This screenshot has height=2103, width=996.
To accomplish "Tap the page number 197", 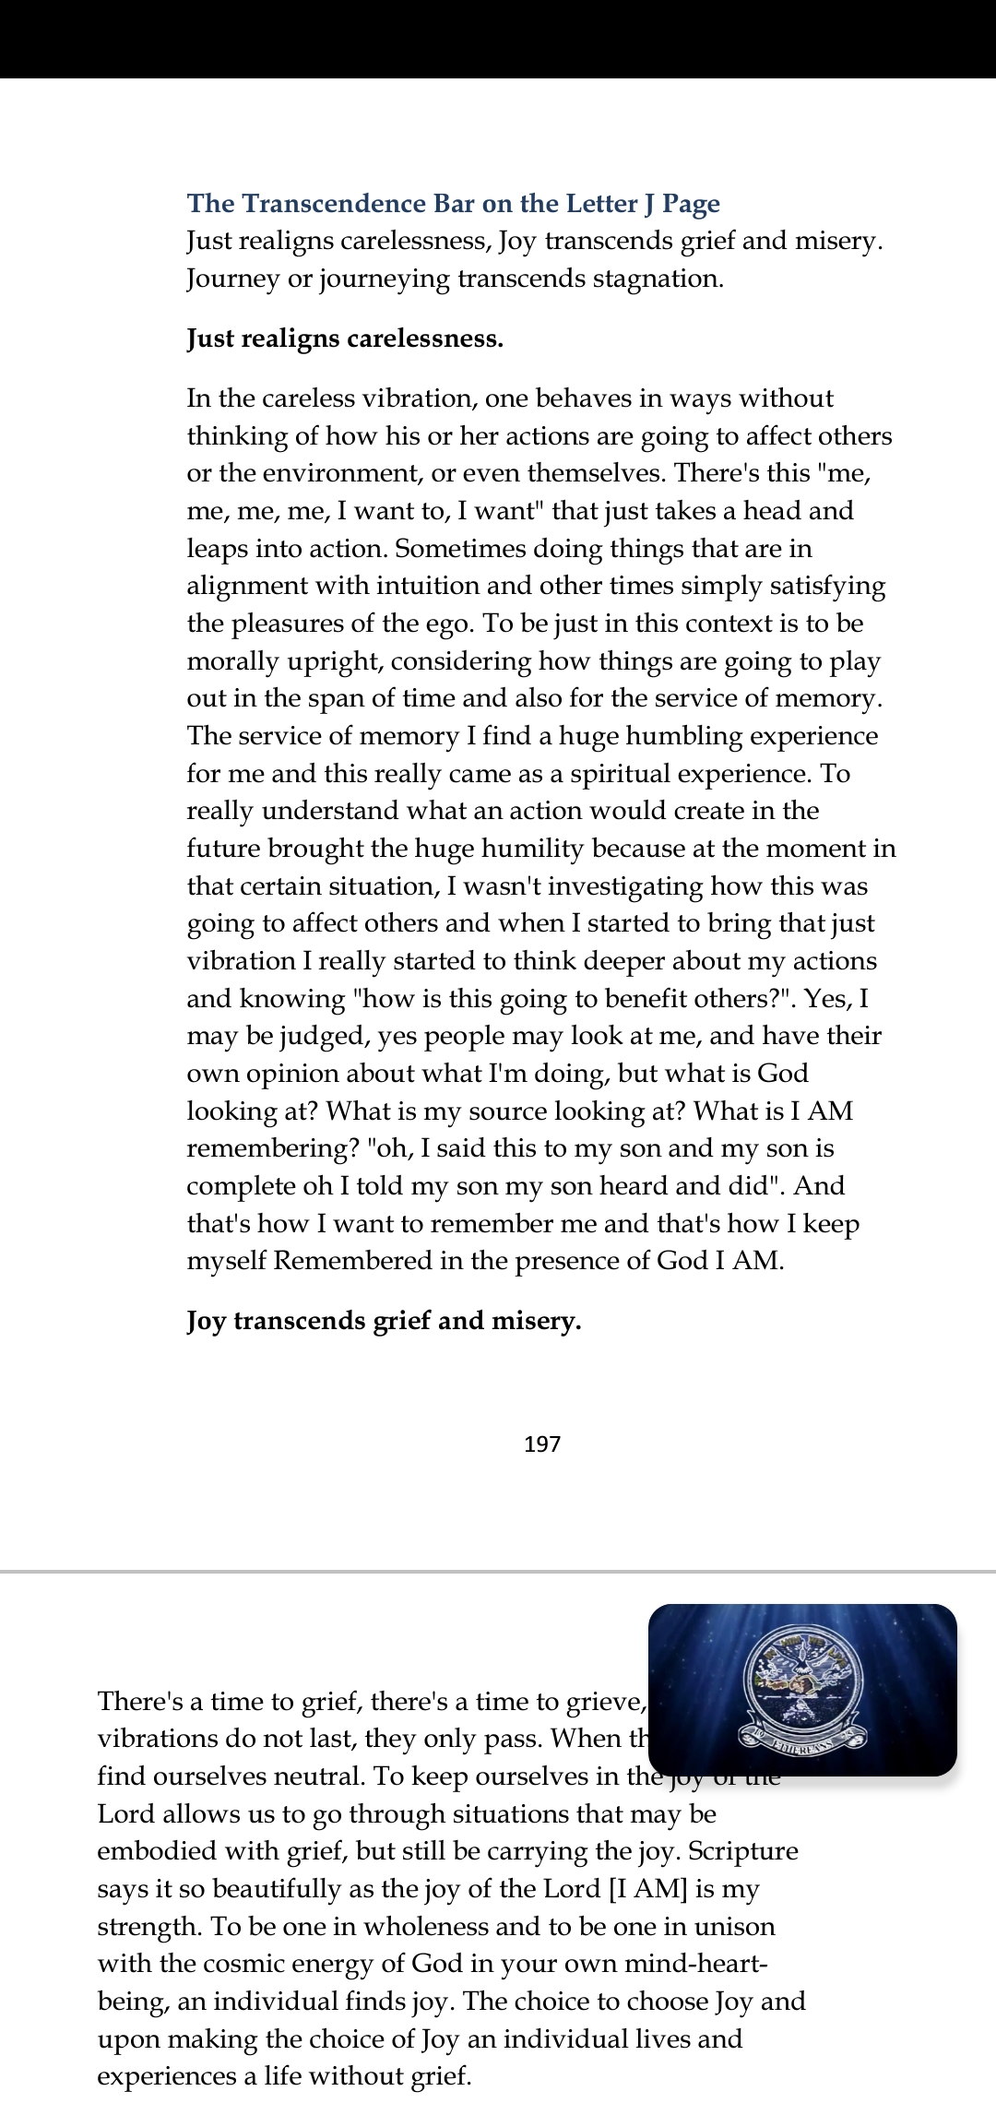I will (x=542, y=1444).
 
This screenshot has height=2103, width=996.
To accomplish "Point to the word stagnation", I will (x=657, y=279).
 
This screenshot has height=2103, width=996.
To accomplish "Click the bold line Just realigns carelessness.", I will (x=345, y=339).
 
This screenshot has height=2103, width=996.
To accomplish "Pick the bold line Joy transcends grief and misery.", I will (x=384, y=1321).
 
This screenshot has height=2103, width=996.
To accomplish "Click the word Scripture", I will (x=743, y=1852).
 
